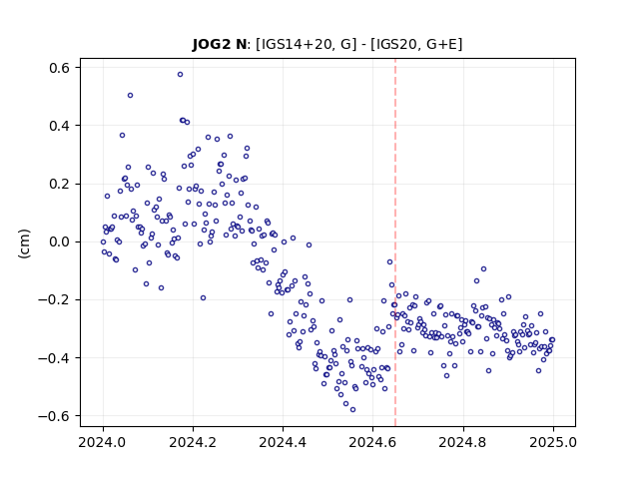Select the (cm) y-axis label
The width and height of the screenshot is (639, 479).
tap(24, 243)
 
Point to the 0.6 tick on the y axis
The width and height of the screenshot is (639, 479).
tap(59, 67)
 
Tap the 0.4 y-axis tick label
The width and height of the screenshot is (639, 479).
tap(59, 126)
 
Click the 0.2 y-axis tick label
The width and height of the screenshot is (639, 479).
tap(59, 184)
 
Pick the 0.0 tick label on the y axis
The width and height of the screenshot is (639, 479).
tap(59, 241)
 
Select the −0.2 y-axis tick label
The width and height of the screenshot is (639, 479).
tap(54, 300)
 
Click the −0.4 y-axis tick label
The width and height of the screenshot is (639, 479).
tap(54, 358)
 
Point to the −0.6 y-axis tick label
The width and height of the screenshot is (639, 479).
tap(54, 416)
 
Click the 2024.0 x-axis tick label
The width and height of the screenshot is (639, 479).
tap(103, 441)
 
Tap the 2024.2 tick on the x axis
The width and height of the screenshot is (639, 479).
tap(193, 441)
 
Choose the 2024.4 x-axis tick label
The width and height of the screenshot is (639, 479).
tap(283, 441)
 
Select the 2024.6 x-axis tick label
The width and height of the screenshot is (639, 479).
tap(372, 441)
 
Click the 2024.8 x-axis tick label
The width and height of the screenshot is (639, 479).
tap(462, 441)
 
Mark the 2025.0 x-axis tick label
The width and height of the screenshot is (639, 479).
tap(553, 441)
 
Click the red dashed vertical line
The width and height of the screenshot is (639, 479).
tap(395, 242)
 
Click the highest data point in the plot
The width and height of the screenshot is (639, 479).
tap(180, 74)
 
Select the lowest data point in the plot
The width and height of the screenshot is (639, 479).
tap(352, 409)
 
